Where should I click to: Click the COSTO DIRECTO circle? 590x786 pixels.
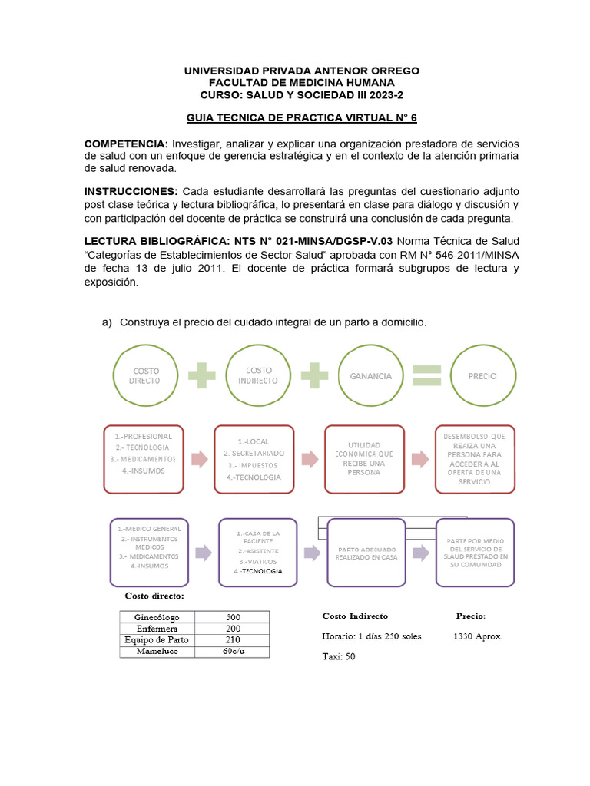[x=145, y=376]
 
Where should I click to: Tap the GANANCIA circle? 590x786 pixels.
[x=370, y=376]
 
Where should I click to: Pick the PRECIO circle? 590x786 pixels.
[x=482, y=376]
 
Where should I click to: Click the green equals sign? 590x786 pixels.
[x=427, y=376]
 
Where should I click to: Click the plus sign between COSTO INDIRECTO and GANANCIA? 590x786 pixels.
[x=315, y=376]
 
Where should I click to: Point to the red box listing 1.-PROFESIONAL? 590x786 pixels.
[x=144, y=458]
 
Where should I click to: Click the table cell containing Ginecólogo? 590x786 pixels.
[x=157, y=616]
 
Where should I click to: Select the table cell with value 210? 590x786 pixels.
[x=232, y=639]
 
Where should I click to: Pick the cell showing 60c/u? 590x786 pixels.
[x=232, y=651]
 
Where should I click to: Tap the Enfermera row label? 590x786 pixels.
[x=157, y=628]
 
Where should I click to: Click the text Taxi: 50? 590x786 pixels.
[x=338, y=657]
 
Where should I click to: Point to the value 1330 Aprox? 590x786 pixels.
[x=478, y=636]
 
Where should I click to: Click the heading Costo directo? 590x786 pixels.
[x=154, y=596]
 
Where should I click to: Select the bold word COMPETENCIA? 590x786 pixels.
[x=125, y=144]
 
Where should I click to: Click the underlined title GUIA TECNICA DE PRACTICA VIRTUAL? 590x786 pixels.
[x=301, y=118]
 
